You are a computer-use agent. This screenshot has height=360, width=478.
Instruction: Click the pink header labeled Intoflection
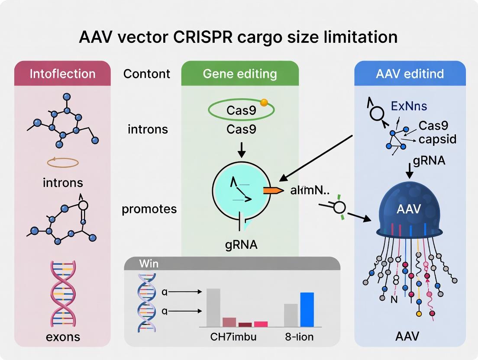coord(62,74)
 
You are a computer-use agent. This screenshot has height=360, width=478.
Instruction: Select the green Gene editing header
coord(239,74)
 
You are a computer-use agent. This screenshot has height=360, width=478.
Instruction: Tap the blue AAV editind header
coord(410,74)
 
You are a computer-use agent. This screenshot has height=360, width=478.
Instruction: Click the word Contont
coord(147,74)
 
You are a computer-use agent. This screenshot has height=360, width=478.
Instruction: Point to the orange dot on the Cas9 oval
coord(264,103)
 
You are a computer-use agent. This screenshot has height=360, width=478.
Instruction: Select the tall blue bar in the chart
coord(307,309)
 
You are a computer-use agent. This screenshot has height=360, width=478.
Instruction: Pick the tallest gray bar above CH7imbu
coord(213,307)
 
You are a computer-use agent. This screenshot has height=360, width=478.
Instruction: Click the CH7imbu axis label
coord(233,336)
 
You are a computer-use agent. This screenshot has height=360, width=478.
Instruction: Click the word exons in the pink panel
coord(62,336)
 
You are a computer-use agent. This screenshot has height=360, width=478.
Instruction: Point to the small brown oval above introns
coord(62,163)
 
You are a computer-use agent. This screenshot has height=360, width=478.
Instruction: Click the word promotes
coord(149,209)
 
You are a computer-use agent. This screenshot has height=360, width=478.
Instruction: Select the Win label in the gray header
coord(149,264)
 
